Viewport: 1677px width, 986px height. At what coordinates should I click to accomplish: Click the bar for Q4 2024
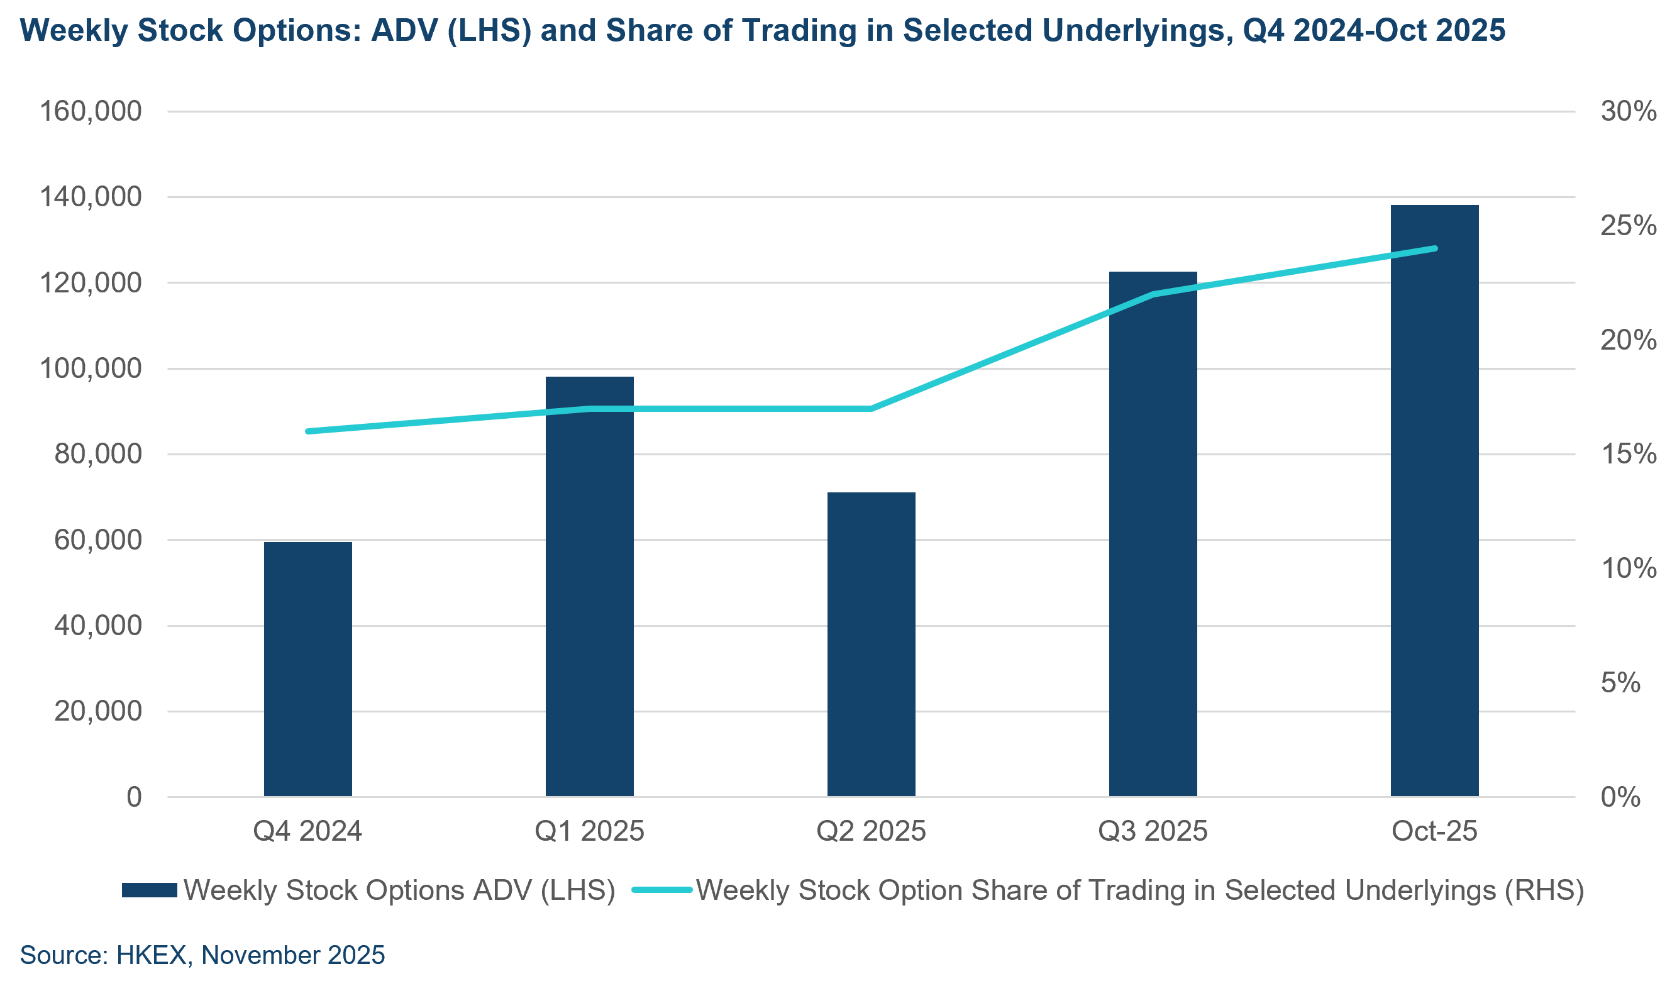coord(307,668)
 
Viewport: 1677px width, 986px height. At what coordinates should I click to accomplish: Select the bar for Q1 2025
coord(589,585)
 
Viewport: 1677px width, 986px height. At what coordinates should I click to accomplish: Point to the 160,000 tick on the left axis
coord(91,111)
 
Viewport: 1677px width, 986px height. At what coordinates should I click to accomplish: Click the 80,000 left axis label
coord(98,454)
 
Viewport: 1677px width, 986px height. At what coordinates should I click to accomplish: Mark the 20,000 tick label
coord(98,711)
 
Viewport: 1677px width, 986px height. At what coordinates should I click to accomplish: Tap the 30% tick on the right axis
coord(1629,111)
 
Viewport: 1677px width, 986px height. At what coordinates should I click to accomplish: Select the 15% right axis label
coord(1629,454)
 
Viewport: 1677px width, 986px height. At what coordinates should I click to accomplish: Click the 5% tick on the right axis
coord(1620,683)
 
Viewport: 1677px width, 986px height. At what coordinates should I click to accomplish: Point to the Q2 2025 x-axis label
coord(871,831)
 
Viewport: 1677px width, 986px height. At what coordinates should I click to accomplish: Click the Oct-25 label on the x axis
coord(1434,831)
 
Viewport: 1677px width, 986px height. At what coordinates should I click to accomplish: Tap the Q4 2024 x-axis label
coord(307,831)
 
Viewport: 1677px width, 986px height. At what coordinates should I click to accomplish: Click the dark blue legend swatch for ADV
coord(149,890)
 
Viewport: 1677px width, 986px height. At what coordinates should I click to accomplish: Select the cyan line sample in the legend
coord(662,890)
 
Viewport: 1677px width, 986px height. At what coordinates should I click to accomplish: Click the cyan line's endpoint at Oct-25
coord(1435,249)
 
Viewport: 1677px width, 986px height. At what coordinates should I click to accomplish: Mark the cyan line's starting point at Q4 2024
coord(308,431)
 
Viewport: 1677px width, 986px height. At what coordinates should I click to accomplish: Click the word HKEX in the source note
coord(151,955)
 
